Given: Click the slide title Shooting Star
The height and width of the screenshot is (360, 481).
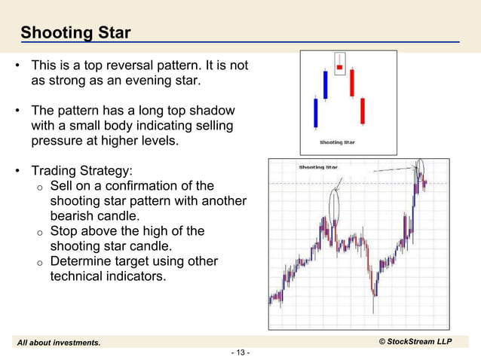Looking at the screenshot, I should point(75,33).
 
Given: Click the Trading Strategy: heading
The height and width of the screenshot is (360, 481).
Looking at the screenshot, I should point(81,170).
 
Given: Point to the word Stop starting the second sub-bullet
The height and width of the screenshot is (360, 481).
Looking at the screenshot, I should point(63,231).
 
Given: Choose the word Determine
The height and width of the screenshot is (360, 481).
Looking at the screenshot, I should point(81,261).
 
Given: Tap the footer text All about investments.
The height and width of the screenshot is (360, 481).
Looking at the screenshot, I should point(59,343).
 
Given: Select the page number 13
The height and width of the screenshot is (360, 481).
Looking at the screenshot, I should point(240,352).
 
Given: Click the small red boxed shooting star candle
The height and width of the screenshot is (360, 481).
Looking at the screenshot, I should point(339,67).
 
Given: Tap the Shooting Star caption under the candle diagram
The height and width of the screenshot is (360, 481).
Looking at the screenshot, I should point(337,142).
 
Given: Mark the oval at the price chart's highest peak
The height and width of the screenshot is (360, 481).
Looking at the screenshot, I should point(418,169).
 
